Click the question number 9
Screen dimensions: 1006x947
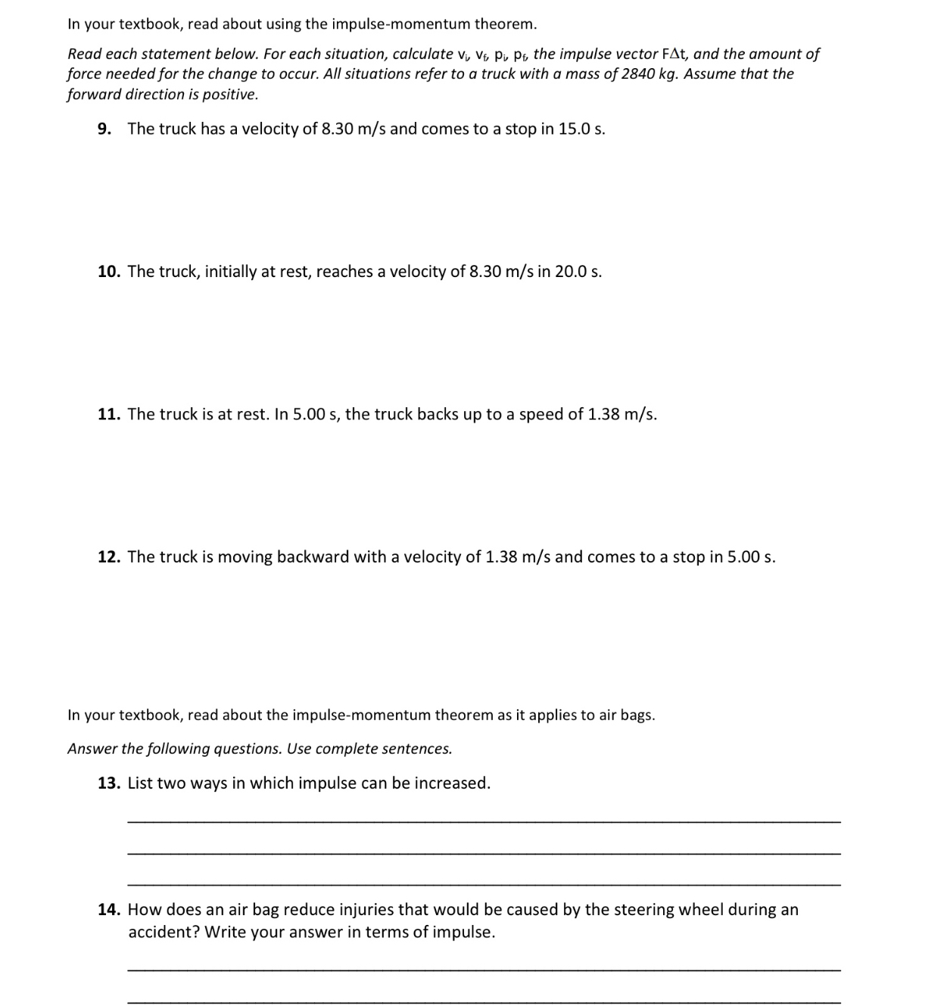[x=104, y=129]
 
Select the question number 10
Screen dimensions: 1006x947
[x=109, y=272]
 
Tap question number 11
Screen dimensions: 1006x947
[x=109, y=414]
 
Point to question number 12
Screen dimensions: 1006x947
[x=109, y=557]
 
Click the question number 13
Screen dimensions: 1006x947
[x=109, y=783]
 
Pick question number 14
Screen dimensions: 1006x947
[x=109, y=910]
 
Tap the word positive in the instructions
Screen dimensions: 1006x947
[x=229, y=95]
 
